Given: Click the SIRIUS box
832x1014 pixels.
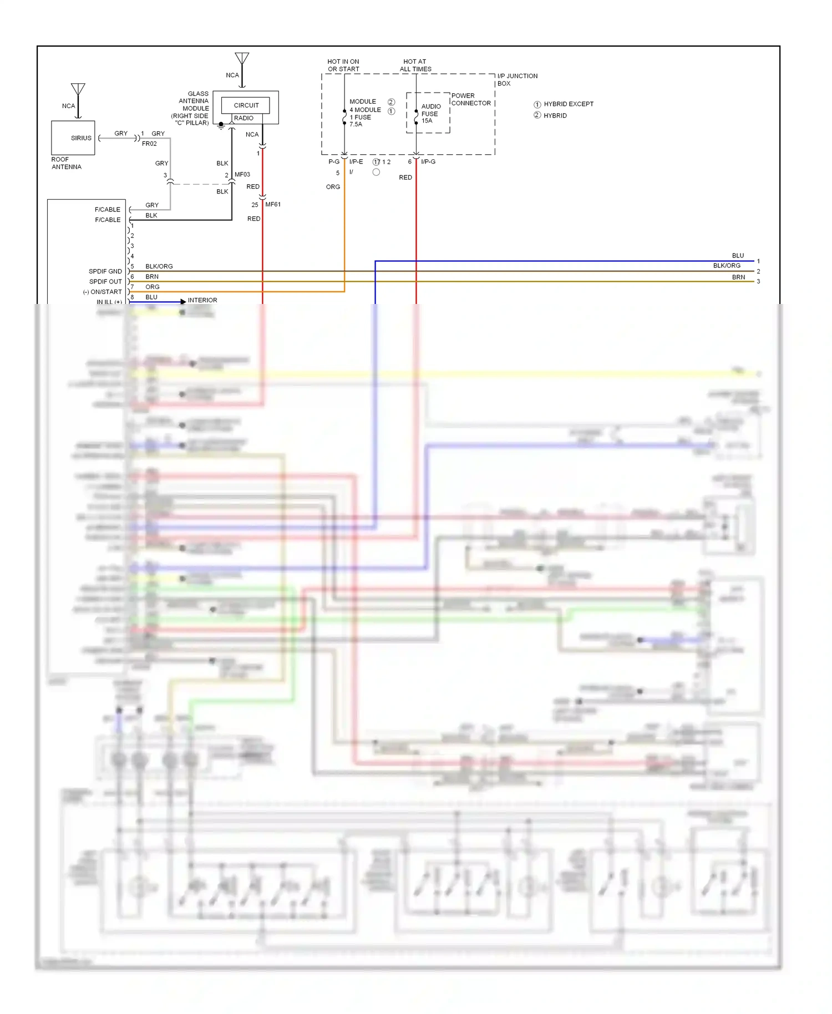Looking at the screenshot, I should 73,138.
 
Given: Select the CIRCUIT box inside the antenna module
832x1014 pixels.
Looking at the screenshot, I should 246,105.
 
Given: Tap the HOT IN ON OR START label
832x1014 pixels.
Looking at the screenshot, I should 343,65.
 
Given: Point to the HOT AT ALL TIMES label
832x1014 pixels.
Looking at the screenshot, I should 415,65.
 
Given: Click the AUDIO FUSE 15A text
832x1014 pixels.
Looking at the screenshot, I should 430,113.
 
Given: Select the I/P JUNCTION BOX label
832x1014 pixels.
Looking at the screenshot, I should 517,79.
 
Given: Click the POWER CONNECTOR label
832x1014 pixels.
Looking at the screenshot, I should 471,99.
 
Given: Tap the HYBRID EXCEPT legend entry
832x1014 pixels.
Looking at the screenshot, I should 568,104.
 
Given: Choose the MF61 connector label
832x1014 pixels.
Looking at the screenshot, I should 273,204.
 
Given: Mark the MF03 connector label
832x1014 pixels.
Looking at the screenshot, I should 242,174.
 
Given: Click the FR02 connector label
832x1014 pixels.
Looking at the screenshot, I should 149,144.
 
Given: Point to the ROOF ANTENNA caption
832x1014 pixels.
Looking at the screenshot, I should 66,163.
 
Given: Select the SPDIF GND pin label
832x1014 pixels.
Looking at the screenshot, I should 105,271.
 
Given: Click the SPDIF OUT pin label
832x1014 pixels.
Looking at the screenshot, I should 105,281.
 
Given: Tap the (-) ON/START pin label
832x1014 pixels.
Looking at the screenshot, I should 102,292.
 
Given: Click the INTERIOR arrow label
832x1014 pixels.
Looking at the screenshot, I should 202,300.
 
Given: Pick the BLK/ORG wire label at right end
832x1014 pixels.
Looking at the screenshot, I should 727,266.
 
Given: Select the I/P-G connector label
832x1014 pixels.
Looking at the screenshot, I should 428,161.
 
